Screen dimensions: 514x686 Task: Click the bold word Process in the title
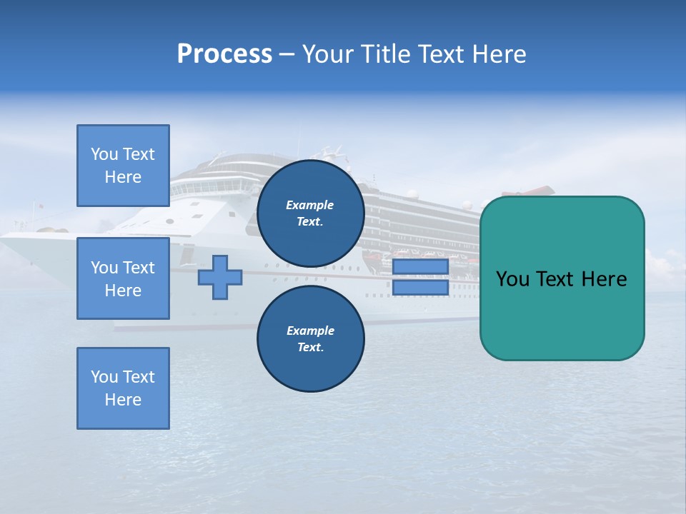tap(224, 54)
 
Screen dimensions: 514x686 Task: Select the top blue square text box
tap(123, 166)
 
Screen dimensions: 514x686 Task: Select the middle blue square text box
tap(123, 278)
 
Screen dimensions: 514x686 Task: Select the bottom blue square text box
tap(123, 388)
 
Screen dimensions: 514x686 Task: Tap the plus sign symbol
tap(220, 278)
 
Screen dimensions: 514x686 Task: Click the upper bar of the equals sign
tap(420, 267)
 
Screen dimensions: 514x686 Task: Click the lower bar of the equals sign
tap(420, 288)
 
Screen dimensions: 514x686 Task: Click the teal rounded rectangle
tap(562, 314)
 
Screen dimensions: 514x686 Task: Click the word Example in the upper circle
tap(310, 205)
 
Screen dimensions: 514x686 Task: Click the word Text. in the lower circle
tap(310, 348)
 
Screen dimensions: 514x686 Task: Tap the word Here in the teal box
tap(604, 279)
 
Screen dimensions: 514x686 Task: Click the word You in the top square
tap(104, 154)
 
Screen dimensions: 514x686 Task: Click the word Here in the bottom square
tap(123, 400)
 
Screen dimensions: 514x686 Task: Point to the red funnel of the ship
tap(529, 191)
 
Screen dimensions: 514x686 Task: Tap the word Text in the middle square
tap(139, 268)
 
